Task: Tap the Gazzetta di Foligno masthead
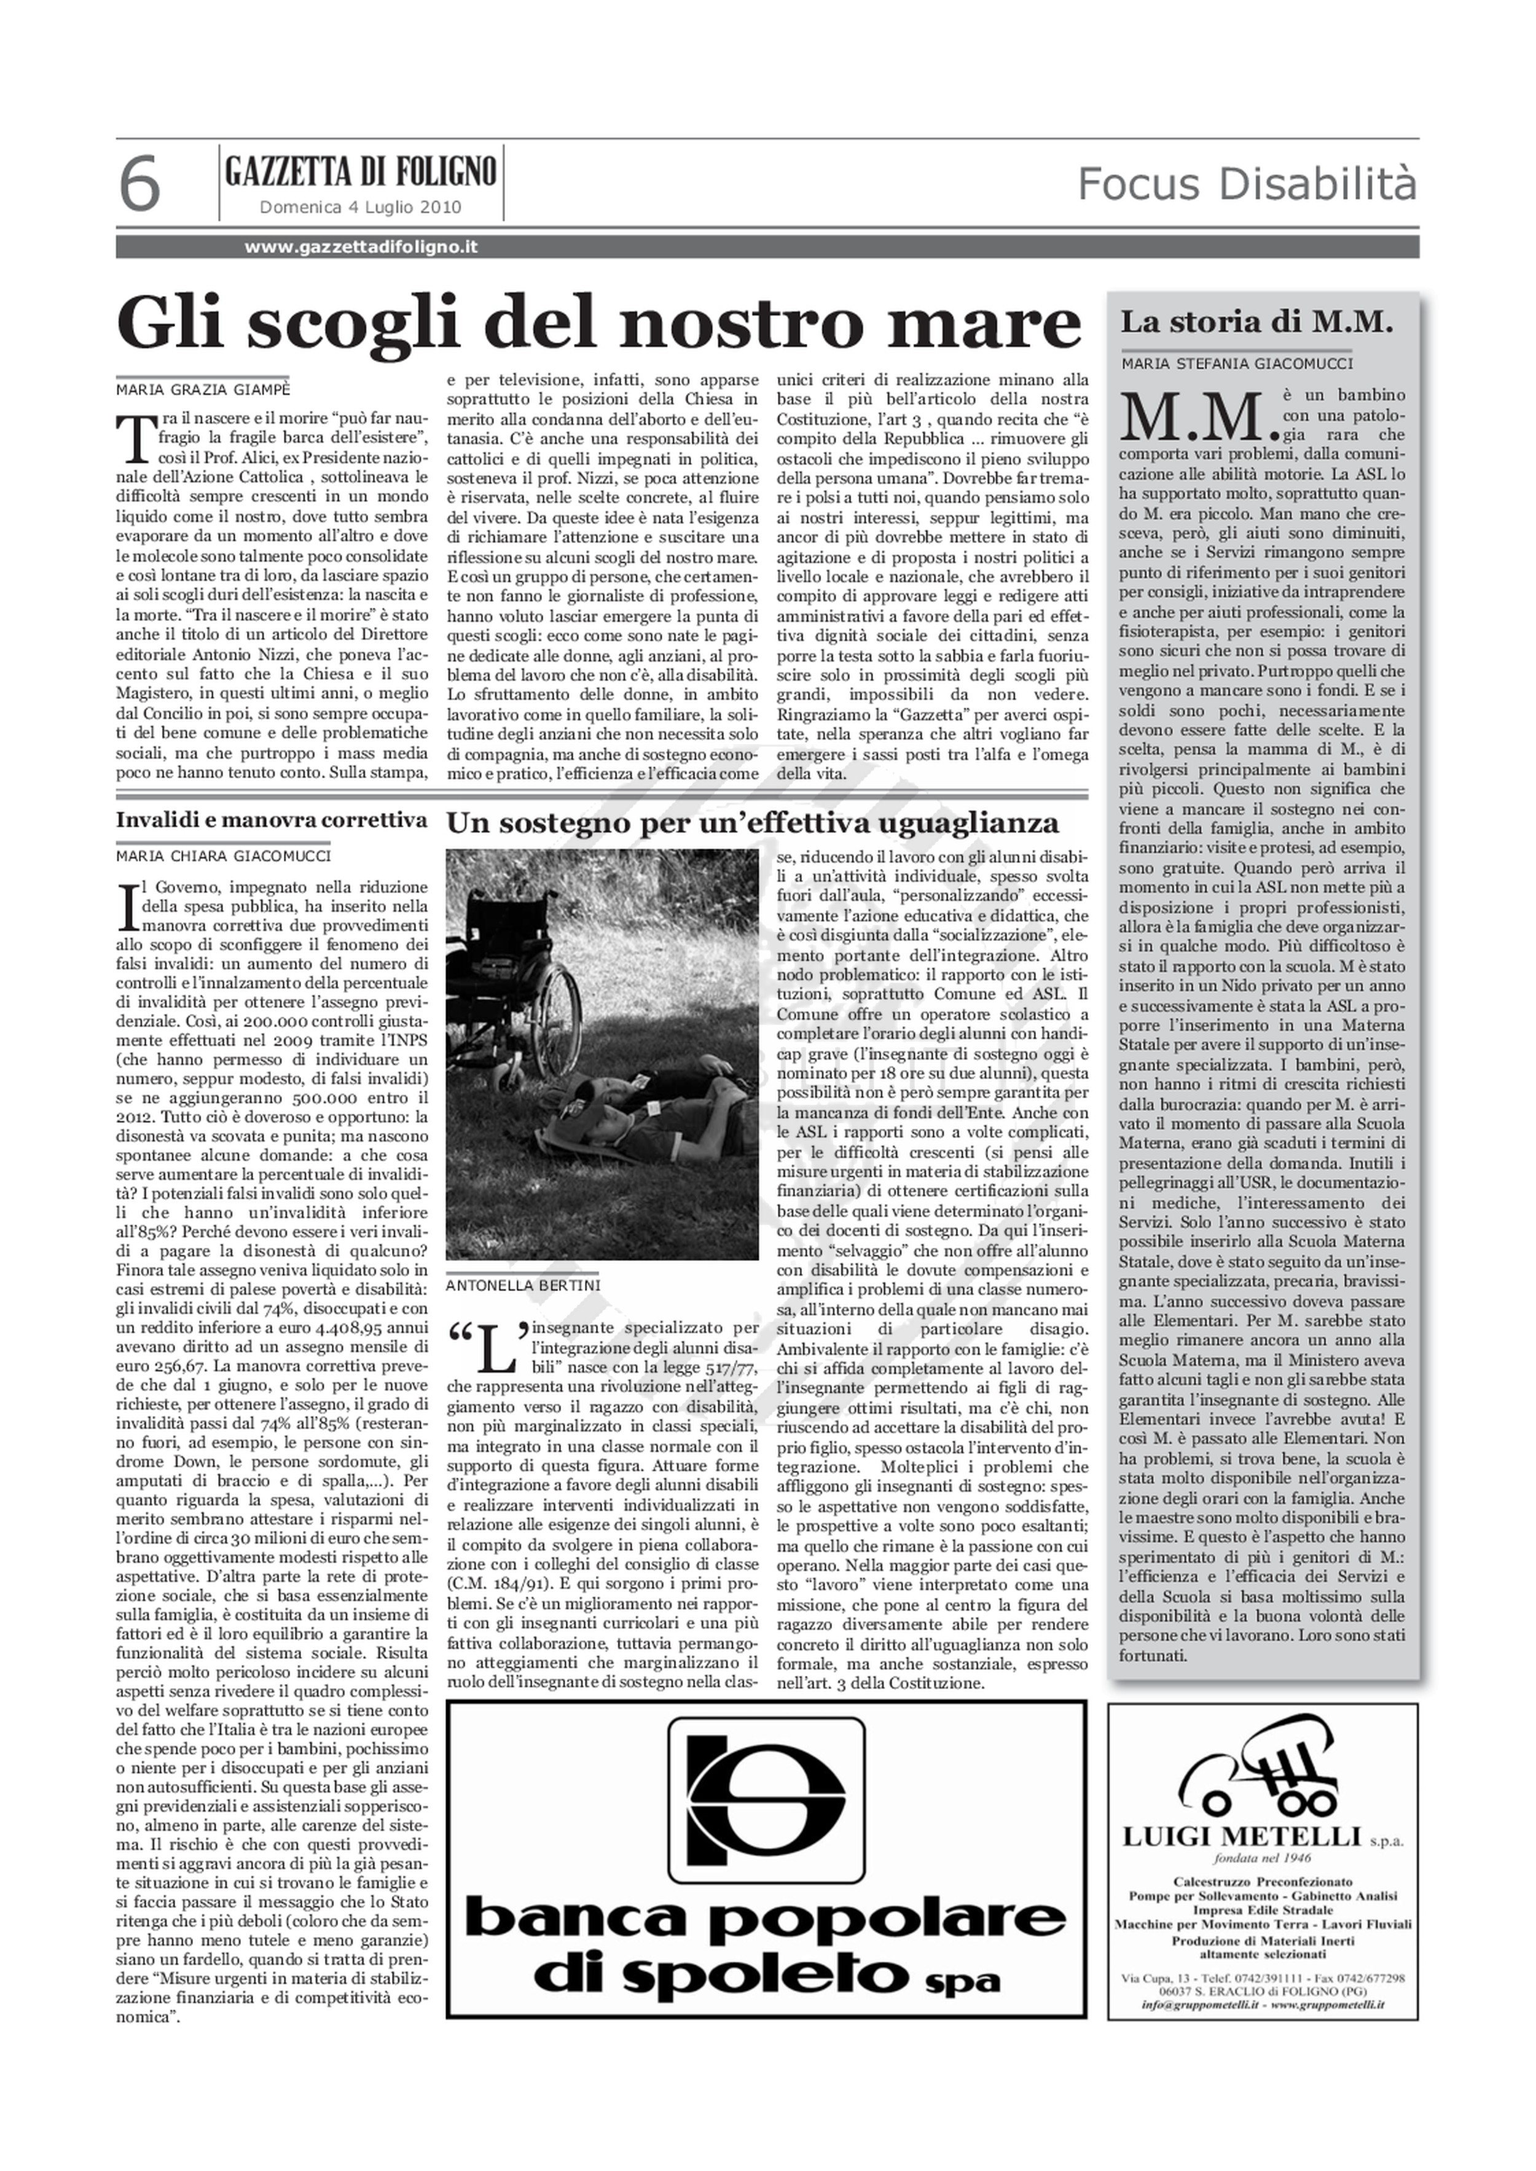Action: (x=361, y=171)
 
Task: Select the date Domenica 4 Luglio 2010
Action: (x=361, y=207)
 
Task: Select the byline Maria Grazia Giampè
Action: (x=202, y=389)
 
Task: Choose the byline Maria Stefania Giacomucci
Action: (x=1237, y=363)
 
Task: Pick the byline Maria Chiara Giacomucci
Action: (x=223, y=857)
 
